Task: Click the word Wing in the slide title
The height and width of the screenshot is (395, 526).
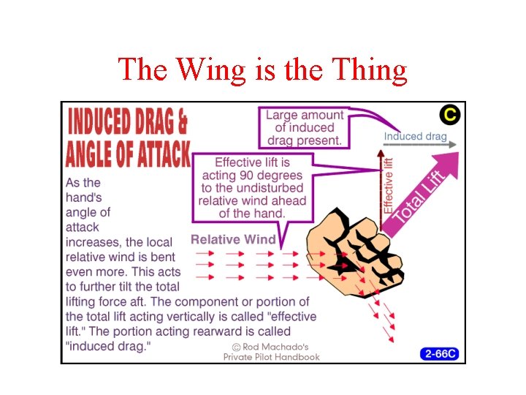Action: tap(213, 70)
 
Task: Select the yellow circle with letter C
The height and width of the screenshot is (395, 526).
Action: tap(449, 115)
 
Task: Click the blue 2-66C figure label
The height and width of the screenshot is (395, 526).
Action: tap(441, 354)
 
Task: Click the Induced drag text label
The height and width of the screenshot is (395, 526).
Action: tap(415, 136)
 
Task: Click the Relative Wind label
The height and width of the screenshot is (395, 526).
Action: tap(233, 239)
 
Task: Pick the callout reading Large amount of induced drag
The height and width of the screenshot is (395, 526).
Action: tap(304, 127)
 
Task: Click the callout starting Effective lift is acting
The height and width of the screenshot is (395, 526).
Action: tap(253, 188)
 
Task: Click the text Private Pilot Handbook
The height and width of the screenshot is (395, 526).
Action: tap(272, 357)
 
